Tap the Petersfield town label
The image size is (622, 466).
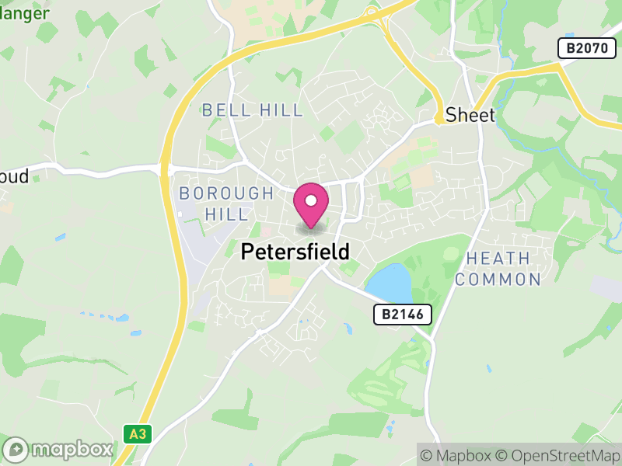tap(295, 252)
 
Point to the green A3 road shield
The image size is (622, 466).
tap(138, 433)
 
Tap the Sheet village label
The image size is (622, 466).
tap(470, 115)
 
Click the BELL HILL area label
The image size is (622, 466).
tap(253, 110)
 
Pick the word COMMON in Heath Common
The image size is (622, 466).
tap(498, 280)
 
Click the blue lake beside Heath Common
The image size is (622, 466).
tap(389, 283)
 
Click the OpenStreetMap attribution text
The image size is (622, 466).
tap(557, 455)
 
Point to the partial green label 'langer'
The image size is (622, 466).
tap(25, 13)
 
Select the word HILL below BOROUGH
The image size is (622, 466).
tap(226, 214)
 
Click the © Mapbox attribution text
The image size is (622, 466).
tap(457, 455)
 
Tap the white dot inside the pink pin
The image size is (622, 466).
tap(311, 200)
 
